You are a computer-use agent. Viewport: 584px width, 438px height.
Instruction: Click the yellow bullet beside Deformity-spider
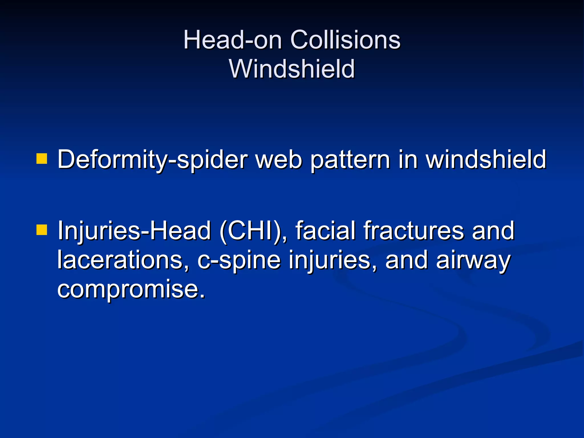tap(42, 159)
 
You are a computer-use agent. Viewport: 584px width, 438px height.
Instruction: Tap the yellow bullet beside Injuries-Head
tap(42, 230)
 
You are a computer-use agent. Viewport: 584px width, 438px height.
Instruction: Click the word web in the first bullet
tap(278, 160)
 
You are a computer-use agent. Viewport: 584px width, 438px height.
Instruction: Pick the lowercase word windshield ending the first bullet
tap(486, 160)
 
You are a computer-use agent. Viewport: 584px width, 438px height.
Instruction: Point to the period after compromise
tap(202, 296)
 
